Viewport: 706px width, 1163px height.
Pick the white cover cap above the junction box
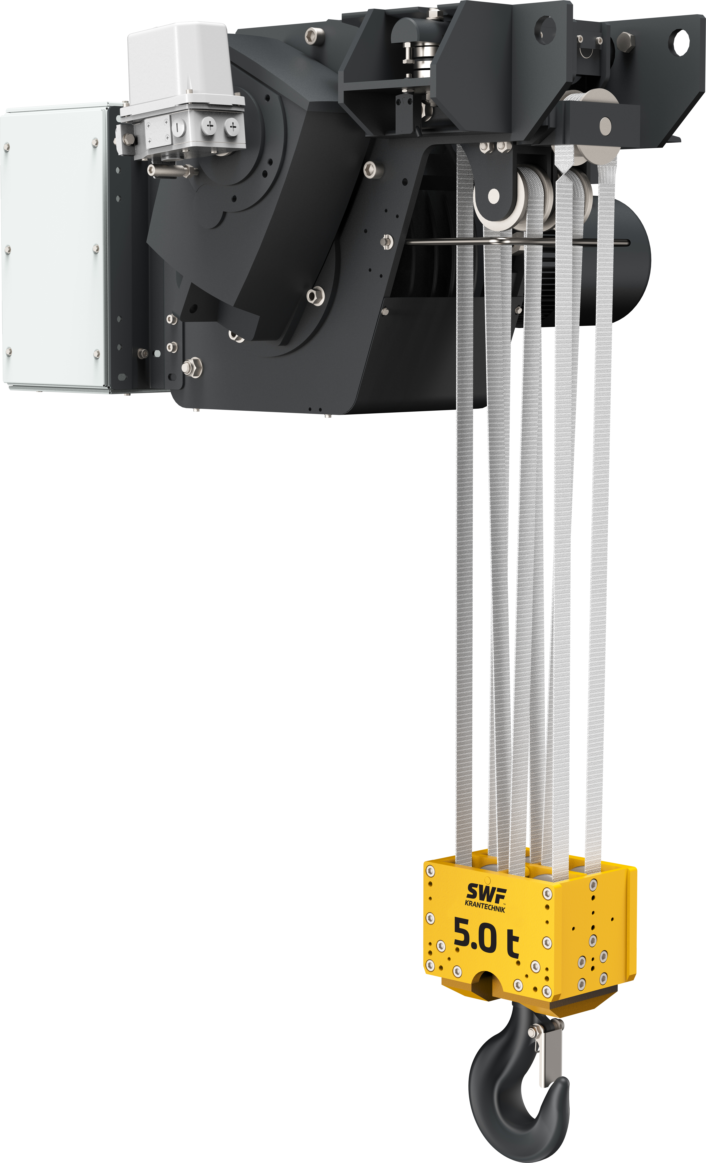178,60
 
